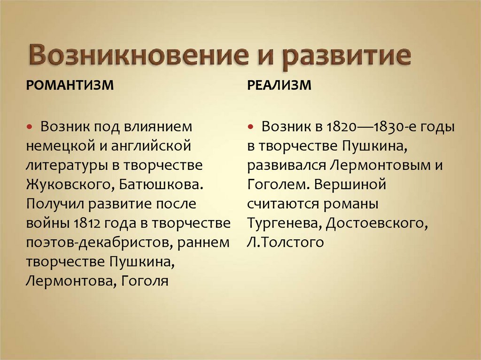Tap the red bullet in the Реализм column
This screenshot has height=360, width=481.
point(252,127)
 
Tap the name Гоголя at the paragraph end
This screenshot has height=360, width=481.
point(145,281)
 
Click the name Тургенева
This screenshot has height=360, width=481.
point(281,223)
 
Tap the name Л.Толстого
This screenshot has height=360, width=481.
point(285,242)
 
